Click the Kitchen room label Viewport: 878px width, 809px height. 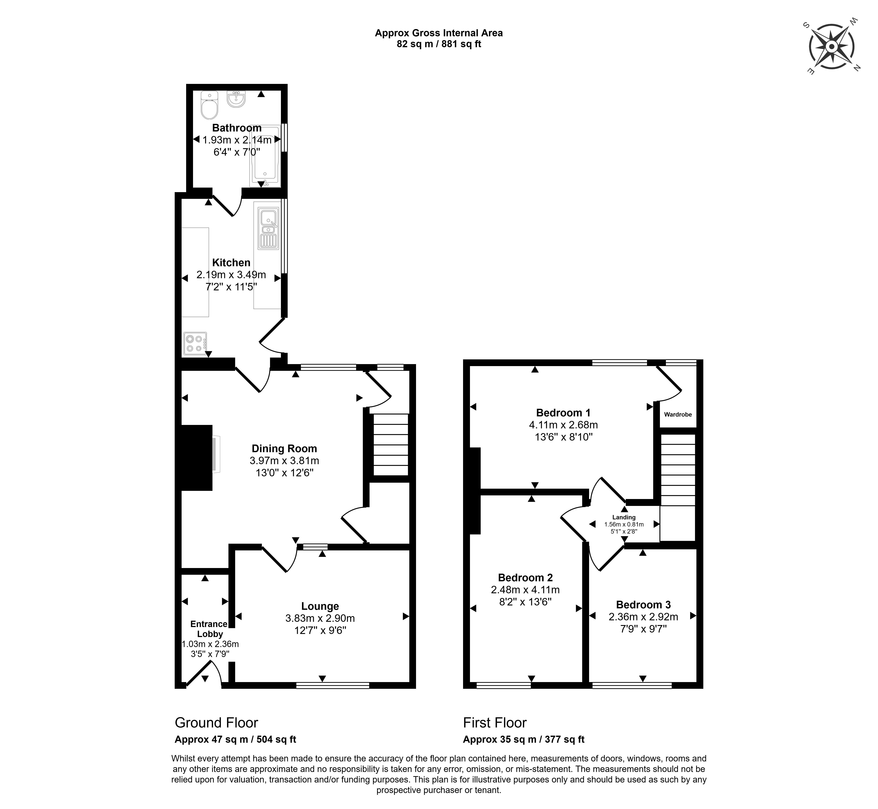tap(231, 263)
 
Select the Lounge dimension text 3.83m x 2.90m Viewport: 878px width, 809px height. tap(320, 618)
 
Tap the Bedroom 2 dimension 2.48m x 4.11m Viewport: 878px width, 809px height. tap(525, 590)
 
